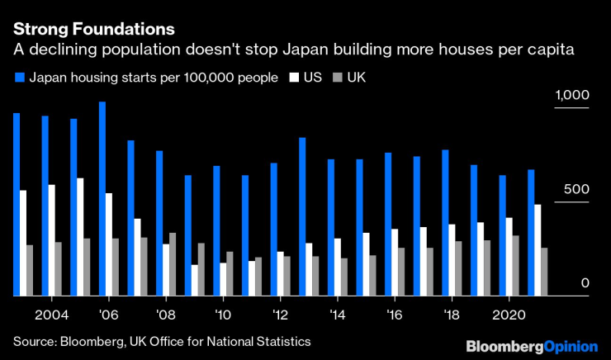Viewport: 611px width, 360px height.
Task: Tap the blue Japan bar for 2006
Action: [x=102, y=199]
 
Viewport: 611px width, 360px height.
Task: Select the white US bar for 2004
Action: [x=52, y=240]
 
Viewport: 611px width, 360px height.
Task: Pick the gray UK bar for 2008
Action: [x=173, y=264]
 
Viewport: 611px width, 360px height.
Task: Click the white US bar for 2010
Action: [x=224, y=279]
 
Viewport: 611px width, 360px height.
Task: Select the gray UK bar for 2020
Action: [x=516, y=265]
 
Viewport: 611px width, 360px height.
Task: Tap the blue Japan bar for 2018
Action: [x=446, y=222]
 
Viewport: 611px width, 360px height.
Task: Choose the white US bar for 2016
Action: [x=395, y=262]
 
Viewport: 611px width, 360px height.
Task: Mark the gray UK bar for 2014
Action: [x=344, y=277]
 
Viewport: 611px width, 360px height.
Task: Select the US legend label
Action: [x=313, y=78]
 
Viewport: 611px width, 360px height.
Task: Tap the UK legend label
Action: [x=356, y=78]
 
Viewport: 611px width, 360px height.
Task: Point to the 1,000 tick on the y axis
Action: [x=573, y=97]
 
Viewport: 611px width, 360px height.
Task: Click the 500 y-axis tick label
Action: [x=577, y=189]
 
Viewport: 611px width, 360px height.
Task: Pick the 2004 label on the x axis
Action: [x=50, y=315]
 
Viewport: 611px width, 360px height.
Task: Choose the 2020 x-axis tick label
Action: [x=508, y=315]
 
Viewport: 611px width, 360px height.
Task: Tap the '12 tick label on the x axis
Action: [x=280, y=315]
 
